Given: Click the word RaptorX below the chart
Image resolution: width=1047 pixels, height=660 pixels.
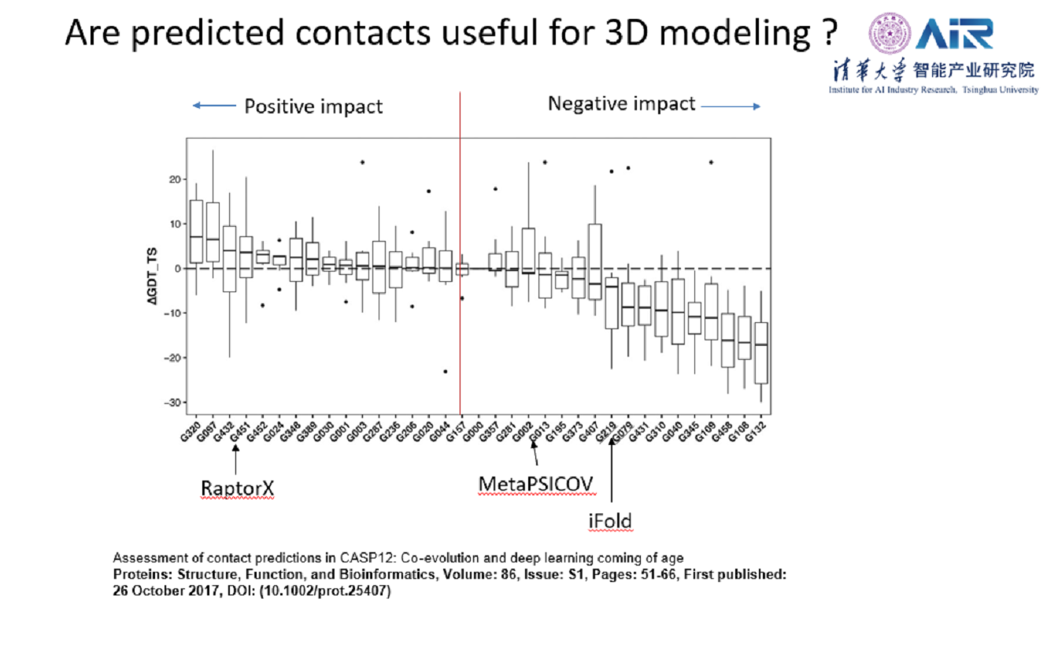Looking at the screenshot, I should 237,489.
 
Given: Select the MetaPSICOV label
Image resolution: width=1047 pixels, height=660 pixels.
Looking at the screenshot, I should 535,482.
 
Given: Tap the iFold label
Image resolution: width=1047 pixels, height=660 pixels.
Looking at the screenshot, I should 610,521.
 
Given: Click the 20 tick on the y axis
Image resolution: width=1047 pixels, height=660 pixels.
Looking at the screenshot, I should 174,179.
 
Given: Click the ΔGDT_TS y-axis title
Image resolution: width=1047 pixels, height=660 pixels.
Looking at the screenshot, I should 159,268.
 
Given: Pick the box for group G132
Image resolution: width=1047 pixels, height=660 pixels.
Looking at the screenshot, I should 760,352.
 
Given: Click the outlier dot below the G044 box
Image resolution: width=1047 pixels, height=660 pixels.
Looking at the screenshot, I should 446,371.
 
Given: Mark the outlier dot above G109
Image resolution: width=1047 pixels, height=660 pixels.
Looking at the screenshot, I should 711,162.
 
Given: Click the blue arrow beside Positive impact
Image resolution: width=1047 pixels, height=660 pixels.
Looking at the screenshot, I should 213,106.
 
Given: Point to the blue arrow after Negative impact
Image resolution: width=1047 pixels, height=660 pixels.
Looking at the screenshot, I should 730,106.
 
